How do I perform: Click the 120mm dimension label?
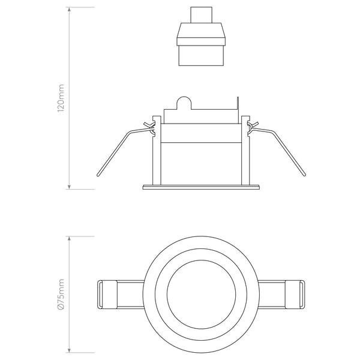pos(61,98)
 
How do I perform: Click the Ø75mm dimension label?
pos(61,294)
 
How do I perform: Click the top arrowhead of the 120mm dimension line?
pos(70,9)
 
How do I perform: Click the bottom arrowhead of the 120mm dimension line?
pos(70,187)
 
